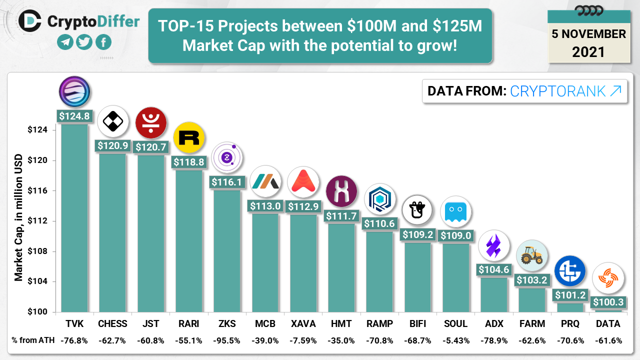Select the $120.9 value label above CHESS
coord(112,145)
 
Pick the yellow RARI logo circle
coord(188,137)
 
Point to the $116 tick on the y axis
coord(37,191)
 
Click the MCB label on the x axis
coord(265,323)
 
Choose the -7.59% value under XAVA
coord(303,340)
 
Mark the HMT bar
coord(341,267)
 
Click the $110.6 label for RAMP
coord(379,223)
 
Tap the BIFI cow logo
coord(417,211)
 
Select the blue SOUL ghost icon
coord(455,211)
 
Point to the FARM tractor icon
coord(531,255)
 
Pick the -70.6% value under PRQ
coord(570,340)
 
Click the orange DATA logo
coord(608,279)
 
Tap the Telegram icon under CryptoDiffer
coord(65,42)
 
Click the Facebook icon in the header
coord(103,42)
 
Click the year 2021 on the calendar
coord(588,51)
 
